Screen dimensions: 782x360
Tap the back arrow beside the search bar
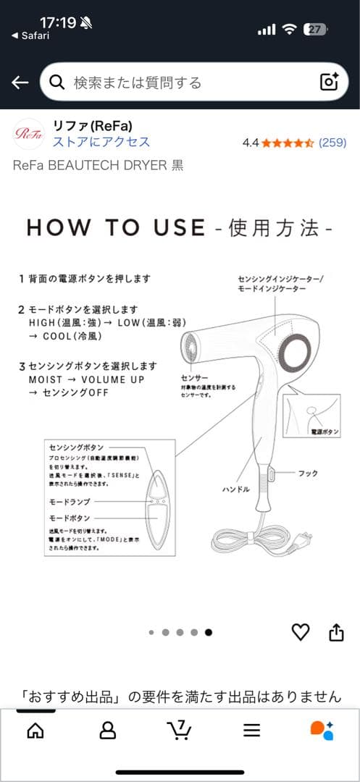coord(20,83)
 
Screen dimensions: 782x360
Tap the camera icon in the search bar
coord(329,82)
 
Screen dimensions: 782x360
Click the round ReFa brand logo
coord(29,133)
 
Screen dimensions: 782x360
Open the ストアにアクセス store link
coord(101,142)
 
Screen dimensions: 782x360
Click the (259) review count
coord(332,143)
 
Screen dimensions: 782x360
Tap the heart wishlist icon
coord(300,632)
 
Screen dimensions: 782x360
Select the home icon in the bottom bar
coord(35,730)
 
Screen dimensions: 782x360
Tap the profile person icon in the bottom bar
coord(107,730)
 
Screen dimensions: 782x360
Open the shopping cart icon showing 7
coord(178,728)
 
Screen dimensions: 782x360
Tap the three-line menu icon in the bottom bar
coord(251,731)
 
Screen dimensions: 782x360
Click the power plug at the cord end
coord(306,539)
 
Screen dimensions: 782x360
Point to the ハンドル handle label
coord(235,489)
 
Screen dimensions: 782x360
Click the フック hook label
coord(308,473)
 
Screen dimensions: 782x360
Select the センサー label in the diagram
coord(194,378)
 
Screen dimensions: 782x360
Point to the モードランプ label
coord(69,500)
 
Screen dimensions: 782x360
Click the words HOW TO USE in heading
coord(116,228)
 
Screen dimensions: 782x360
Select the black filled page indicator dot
coord(209,632)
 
